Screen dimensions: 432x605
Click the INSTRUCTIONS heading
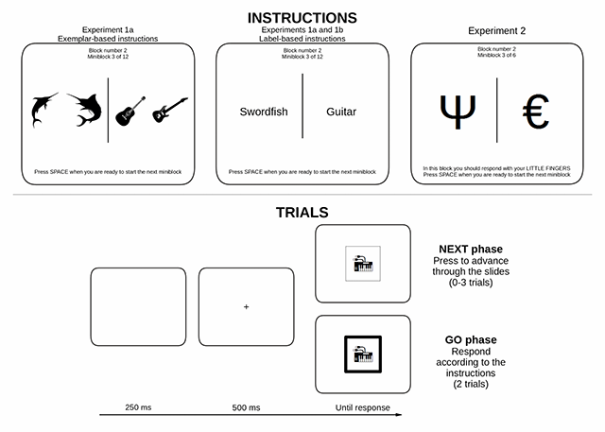click(302, 17)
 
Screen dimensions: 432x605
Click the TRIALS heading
click(302, 212)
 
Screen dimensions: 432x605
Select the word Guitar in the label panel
click(342, 112)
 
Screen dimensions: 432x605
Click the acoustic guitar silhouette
click(130, 111)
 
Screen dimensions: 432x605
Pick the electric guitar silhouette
click(170, 111)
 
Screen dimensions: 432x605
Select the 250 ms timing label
click(138, 407)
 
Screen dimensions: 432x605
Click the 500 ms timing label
click(246, 407)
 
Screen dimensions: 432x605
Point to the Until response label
click(362, 407)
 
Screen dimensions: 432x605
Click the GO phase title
click(471, 339)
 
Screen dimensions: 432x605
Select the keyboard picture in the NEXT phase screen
click(362, 264)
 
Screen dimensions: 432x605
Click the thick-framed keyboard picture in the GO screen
click(362, 354)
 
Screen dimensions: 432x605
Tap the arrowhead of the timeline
click(400, 416)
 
